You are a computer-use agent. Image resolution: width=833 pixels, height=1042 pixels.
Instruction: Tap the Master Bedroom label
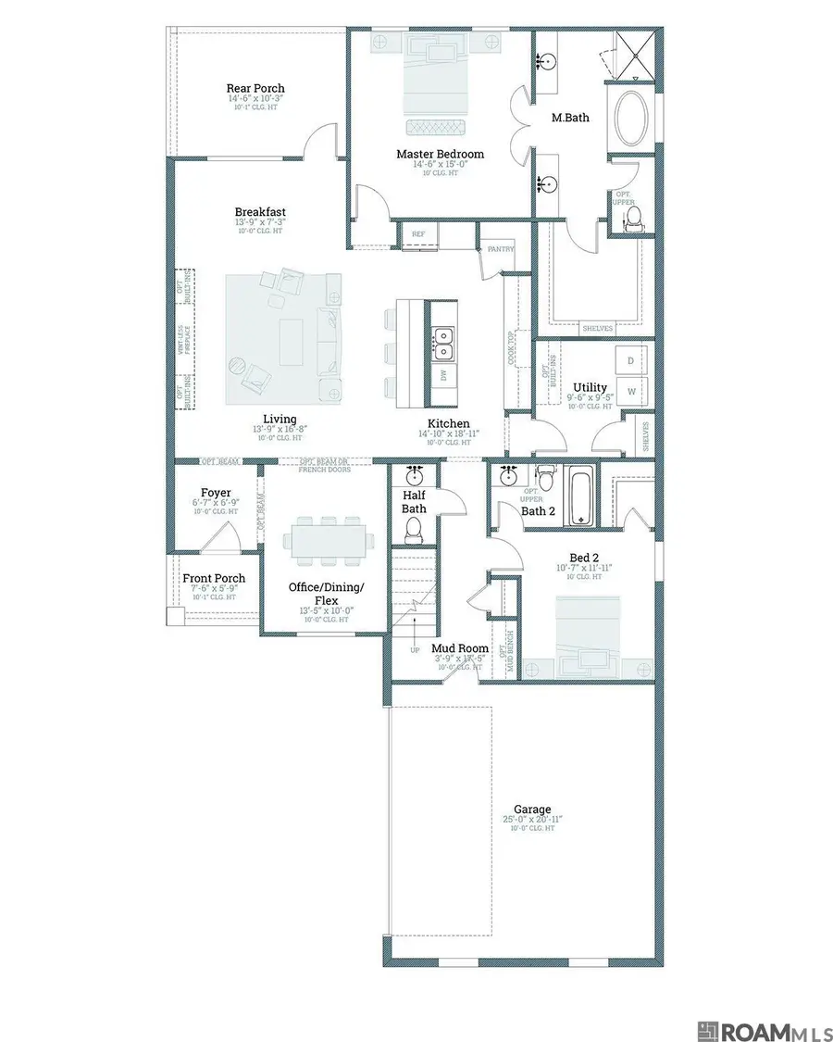tap(440, 154)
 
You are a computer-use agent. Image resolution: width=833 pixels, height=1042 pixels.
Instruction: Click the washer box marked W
tap(632, 392)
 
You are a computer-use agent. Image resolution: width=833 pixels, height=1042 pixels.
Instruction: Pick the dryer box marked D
tap(632, 359)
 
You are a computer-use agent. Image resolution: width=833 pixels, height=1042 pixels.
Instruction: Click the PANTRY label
tap(501, 249)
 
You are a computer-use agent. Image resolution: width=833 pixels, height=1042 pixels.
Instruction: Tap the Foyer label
tap(216, 493)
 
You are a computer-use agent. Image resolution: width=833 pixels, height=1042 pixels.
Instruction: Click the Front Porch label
tap(214, 578)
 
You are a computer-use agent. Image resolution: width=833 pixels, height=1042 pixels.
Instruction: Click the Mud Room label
tap(459, 649)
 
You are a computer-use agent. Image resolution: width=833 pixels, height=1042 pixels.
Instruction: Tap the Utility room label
tap(590, 387)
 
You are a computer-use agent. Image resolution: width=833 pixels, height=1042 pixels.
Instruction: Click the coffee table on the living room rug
tap(292, 332)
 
